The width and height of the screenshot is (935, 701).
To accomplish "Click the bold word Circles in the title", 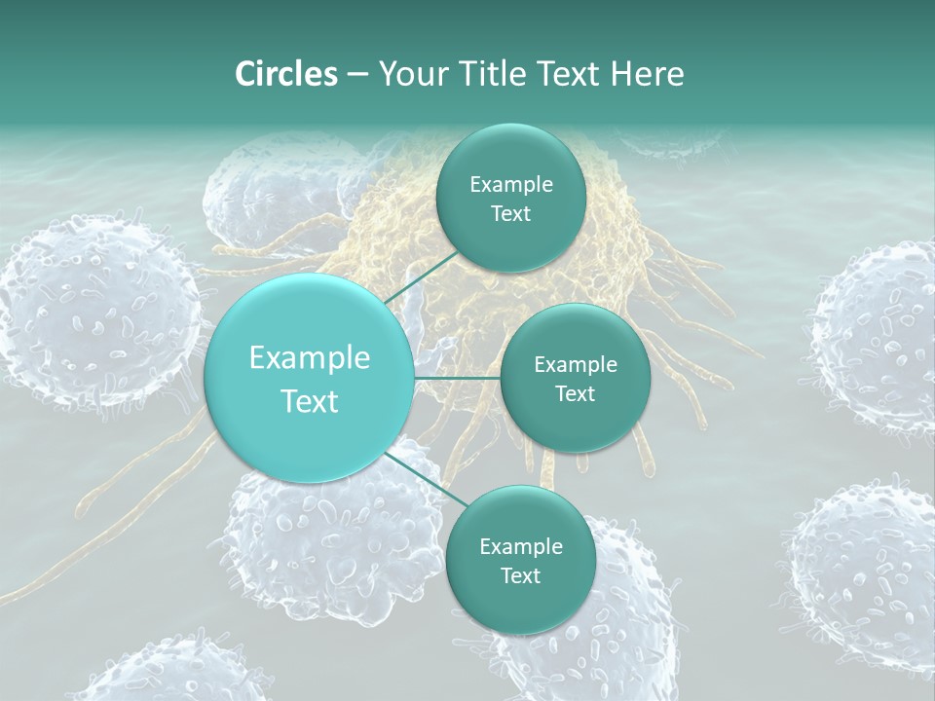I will tap(285, 74).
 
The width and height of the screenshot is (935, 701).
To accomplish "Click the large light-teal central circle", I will tap(309, 378).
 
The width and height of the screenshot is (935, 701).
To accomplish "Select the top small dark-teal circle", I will tap(510, 199).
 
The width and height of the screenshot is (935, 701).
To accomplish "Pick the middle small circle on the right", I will tap(575, 379).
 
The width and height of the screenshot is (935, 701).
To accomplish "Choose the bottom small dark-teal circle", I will tap(520, 561).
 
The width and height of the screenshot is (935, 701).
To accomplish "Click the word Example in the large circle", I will tap(310, 358).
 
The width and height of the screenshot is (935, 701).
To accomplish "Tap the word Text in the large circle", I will tap(310, 401).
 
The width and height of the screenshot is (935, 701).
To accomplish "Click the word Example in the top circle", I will tap(511, 184).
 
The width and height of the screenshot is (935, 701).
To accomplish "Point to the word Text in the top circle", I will tap(510, 214).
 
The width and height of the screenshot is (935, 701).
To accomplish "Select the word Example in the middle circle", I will tap(576, 365).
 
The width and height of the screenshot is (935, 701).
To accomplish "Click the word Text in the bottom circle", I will tap(520, 575).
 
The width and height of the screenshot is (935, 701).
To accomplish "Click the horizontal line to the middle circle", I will tap(457, 378).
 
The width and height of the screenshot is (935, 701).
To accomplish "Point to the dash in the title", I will tap(356, 75).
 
